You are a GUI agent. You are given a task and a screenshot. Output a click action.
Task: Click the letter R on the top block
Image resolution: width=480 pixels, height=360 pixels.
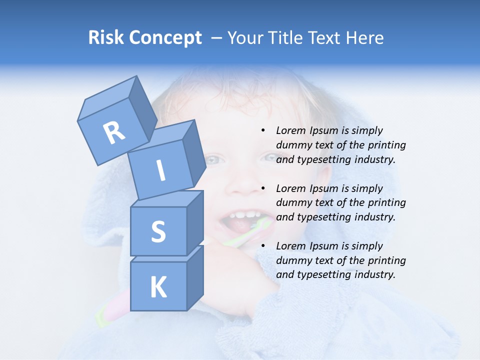[x=114, y=132]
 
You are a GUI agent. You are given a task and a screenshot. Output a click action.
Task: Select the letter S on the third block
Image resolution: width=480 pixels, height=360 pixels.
[x=158, y=231]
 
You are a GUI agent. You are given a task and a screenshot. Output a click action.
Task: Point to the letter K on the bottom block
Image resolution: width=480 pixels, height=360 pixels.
[x=158, y=287]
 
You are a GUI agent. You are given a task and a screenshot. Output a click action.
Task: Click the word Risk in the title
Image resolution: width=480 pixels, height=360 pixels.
[x=105, y=38]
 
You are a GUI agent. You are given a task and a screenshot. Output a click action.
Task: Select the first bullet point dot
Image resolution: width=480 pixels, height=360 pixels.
[x=263, y=131]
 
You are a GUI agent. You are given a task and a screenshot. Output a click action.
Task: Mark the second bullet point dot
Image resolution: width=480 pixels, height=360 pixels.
[x=263, y=189]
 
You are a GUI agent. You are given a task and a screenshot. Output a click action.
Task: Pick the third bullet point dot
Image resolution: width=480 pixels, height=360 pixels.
[x=263, y=246]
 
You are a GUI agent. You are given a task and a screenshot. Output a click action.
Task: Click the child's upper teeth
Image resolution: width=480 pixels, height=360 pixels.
[x=245, y=215]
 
